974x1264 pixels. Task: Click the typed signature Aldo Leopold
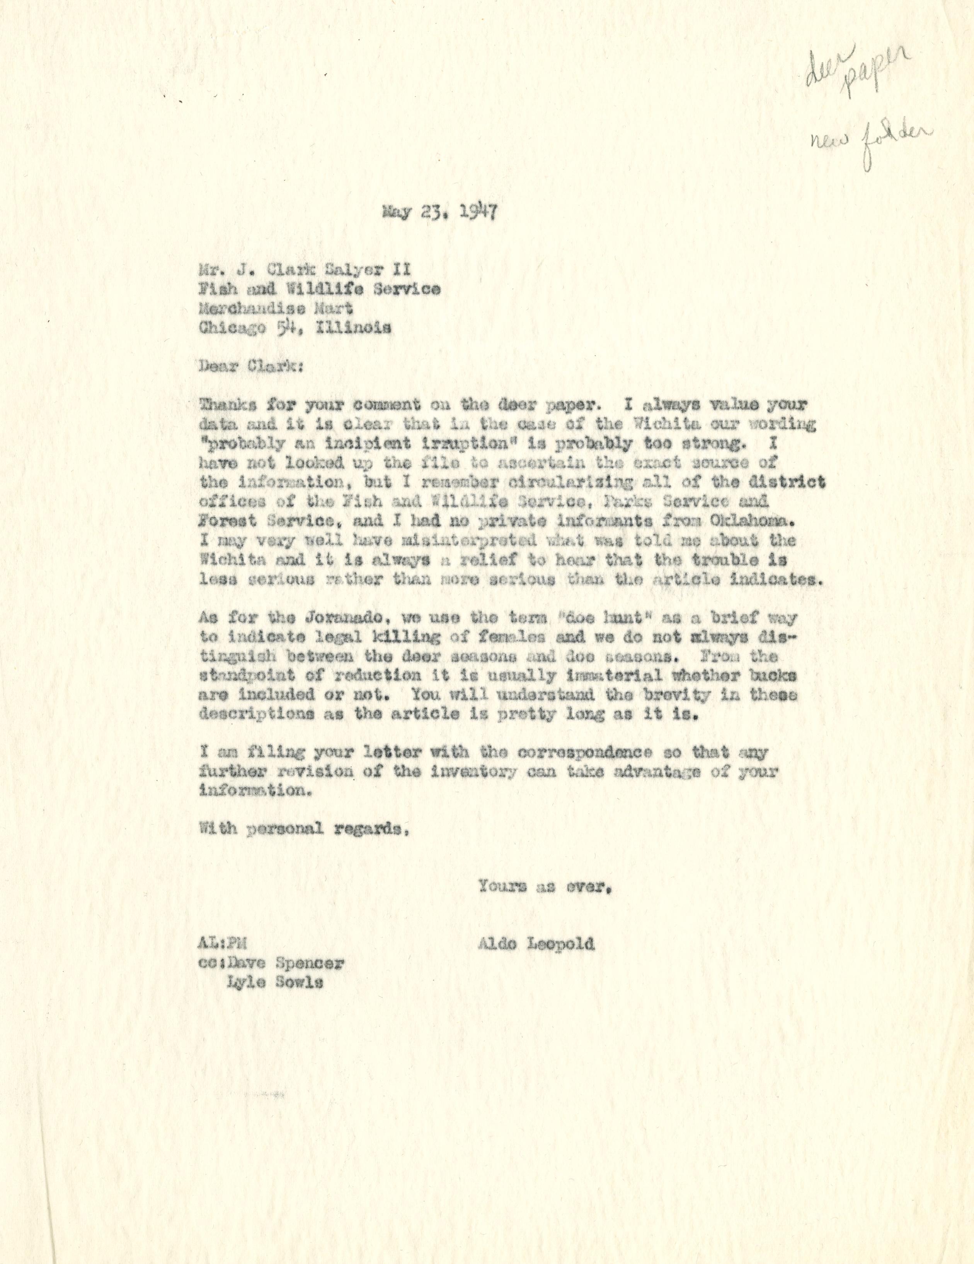(x=536, y=945)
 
